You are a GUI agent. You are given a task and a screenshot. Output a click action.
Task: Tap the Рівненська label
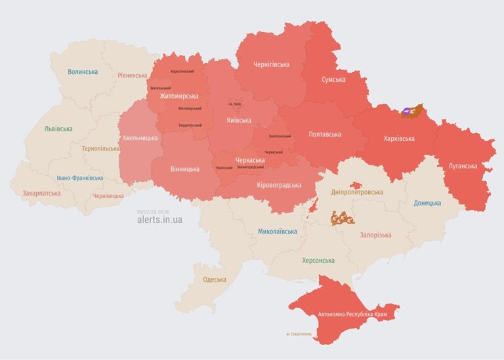133,75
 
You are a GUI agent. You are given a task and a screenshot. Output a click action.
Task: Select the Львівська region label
58,129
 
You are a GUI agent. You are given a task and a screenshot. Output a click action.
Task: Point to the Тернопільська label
100,148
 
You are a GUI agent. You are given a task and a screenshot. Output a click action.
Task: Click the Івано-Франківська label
79,178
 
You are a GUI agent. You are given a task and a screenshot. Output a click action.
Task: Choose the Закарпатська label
41,193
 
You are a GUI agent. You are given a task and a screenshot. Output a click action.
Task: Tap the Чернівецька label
108,195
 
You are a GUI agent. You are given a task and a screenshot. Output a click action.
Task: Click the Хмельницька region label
140,138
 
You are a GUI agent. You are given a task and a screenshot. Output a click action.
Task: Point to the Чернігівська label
271,64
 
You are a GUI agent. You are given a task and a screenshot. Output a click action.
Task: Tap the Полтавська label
325,134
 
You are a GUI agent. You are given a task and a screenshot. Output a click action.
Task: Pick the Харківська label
399,139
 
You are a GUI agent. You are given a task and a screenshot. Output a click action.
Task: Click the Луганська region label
463,166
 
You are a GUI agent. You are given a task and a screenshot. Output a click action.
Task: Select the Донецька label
427,203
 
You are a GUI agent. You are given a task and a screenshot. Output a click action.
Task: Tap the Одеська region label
215,279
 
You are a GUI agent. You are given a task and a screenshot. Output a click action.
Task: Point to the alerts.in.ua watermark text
159,220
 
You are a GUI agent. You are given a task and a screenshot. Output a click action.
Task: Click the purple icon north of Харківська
409,112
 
